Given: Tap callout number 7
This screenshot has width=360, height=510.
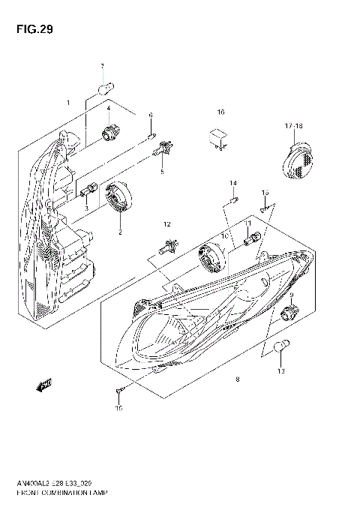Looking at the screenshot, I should [103, 67].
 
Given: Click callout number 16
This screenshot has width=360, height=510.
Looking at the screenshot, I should [220, 112].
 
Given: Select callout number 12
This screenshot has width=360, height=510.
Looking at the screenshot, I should [167, 224].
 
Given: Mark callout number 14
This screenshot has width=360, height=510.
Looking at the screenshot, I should [232, 184].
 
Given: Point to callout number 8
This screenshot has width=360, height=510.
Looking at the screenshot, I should [237, 380].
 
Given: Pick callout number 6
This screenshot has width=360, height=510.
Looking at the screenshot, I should [151, 115].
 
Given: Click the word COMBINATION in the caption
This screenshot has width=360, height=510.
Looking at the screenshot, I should [73, 493].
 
